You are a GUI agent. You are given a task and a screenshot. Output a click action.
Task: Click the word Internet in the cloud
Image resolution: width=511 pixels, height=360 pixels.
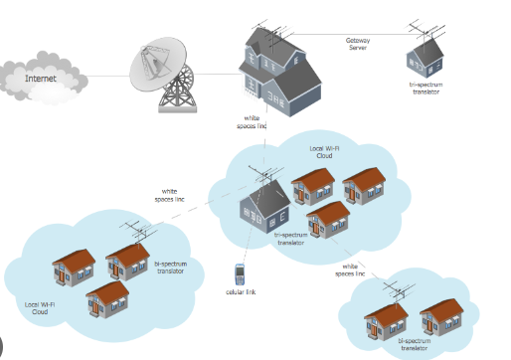(41, 78)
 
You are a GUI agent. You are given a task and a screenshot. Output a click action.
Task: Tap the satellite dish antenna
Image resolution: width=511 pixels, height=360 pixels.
(156, 63)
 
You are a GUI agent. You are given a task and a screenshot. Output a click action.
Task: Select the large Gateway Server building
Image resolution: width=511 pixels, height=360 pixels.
(279, 72)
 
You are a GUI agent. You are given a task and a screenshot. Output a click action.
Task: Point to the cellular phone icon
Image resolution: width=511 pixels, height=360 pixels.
(240, 274)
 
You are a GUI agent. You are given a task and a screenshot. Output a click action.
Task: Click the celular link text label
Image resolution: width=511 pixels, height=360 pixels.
(241, 292)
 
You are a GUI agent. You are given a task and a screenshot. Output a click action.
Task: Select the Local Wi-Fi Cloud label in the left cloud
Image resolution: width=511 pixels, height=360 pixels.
(39, 307)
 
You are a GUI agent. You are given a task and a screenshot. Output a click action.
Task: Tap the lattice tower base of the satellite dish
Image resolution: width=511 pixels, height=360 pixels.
(179, 92)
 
